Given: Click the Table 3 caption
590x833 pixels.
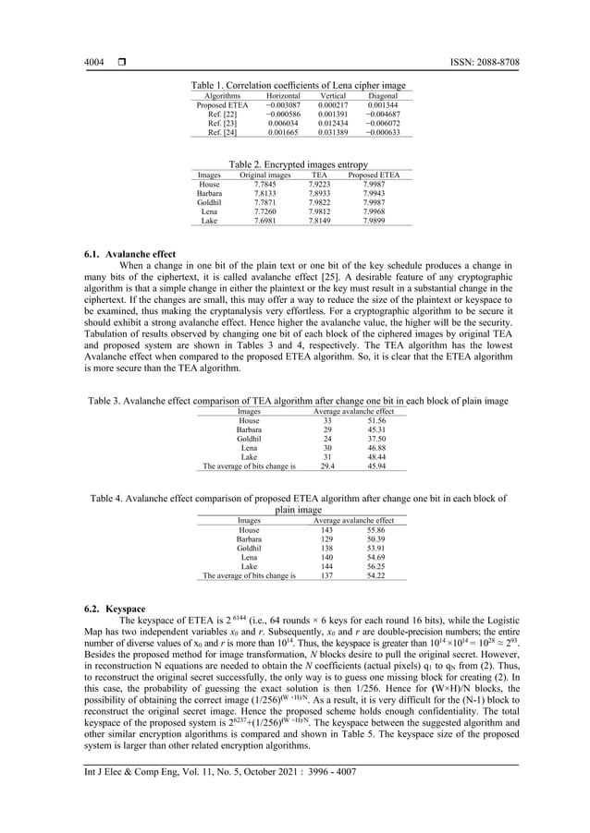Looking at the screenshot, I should point(296,402).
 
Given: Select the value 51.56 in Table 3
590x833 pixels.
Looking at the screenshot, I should point(375,420).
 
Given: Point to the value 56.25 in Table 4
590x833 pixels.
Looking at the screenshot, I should point(375,567).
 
